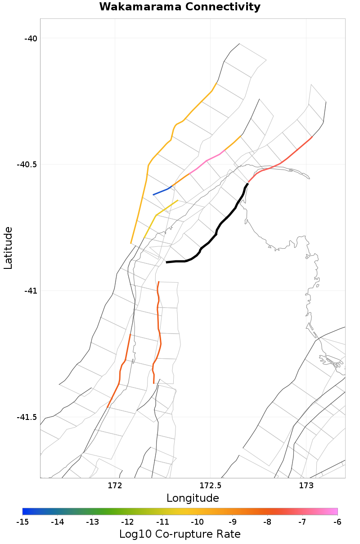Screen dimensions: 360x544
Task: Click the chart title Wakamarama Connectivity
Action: (180, 7)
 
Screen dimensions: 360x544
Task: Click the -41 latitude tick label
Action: (30, 291)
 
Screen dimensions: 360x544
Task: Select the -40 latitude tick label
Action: (30, 38)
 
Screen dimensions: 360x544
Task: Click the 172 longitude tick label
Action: (115, 486)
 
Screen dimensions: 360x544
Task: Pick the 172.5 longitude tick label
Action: (210, 486)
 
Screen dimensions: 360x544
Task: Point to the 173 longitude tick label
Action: (306, 486)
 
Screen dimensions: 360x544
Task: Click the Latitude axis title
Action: (8, 248)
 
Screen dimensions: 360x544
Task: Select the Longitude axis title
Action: (193, 498)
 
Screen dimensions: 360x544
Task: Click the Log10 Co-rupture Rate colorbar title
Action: (180, 534)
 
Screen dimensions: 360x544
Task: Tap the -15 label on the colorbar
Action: (22, 522)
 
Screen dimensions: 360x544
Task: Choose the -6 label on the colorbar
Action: (337, 522)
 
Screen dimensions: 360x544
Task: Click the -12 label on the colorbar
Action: (127, 522)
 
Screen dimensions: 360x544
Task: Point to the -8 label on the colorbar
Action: (267, 522)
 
